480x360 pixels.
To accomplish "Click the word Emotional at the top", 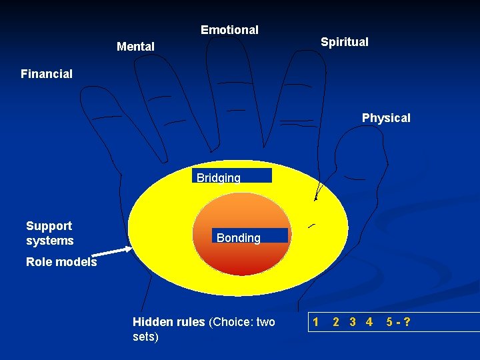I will point(229,30).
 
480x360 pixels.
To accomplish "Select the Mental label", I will point(135,47).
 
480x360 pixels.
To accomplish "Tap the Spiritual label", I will point(344,42).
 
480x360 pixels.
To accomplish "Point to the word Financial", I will point(47,74).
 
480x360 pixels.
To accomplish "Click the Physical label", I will point(386,118).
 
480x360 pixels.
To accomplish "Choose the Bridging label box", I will point(232,176).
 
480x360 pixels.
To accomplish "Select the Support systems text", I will point(50,233).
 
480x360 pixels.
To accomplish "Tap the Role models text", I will point(61,262).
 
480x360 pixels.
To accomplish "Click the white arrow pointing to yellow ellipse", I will point(114,251).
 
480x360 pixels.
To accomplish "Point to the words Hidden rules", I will point(169,323).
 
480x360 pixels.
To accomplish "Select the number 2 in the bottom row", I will point(336,323).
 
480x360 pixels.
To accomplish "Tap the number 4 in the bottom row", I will point(369,323).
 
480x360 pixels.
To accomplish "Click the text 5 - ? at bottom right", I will point(398,323).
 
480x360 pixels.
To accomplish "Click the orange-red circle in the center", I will point(242,257).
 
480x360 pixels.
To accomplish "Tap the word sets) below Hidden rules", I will point(146,337).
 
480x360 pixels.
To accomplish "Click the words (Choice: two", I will point(242,323).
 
